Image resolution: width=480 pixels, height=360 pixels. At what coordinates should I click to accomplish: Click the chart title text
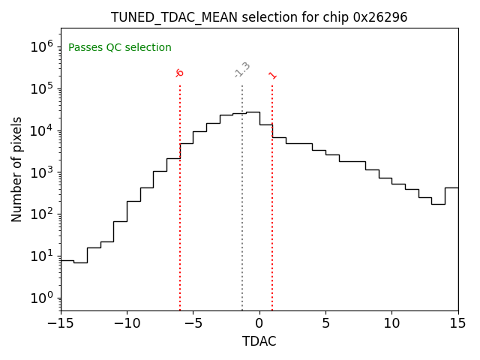click(259, 17)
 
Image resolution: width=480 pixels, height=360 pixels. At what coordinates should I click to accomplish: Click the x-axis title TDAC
click(259, 341)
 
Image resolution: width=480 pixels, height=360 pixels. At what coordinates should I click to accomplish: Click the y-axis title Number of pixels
click(17, 169)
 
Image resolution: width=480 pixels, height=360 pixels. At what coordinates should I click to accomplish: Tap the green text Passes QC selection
click(120, 48)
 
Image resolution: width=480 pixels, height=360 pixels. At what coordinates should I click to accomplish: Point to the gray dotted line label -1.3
click(241, 70)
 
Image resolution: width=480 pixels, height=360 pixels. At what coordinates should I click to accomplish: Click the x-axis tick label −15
click(61, 323)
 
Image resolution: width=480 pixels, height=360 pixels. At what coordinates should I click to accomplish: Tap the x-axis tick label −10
click(127, 323)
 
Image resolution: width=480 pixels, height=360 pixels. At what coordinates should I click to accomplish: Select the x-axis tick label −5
click(193, 323)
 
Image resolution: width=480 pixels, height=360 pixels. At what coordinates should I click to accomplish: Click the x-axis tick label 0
click(259, 323)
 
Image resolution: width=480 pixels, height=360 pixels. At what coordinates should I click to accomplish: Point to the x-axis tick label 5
click(325, 323)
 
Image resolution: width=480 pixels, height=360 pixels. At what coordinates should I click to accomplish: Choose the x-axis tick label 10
click(391, 323)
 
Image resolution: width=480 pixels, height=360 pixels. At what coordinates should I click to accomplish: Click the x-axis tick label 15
click(457, 323)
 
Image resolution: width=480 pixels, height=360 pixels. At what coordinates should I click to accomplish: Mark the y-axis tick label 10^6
click(41, 46)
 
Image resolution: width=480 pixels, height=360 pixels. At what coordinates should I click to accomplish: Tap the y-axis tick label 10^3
click(41, 172)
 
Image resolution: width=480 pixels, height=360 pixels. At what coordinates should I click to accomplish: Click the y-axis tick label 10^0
click(41, 298)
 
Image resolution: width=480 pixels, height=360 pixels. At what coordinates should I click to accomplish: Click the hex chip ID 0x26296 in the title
click(380, 17)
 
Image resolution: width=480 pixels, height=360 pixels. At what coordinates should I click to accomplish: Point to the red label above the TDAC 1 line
click(272, 75)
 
